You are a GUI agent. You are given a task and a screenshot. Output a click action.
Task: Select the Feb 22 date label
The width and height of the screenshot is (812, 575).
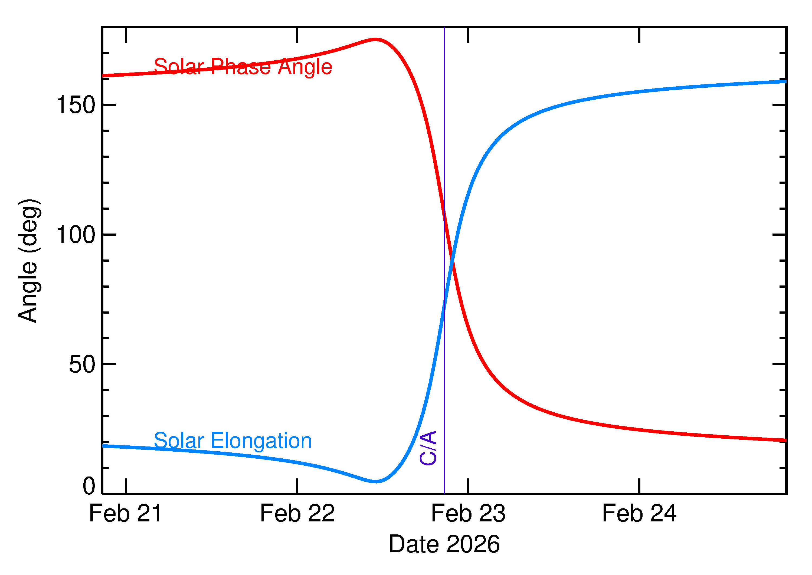tap(297, 514)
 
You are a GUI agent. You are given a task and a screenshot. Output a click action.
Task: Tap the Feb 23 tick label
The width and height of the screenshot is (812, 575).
tap(468, 514)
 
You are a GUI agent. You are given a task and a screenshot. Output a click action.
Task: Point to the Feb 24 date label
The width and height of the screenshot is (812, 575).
tap(639, 514)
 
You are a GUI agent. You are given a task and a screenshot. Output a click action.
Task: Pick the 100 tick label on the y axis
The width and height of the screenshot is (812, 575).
tap(76, 235)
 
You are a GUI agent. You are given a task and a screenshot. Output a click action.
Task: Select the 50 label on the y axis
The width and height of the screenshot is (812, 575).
tap(82, 365)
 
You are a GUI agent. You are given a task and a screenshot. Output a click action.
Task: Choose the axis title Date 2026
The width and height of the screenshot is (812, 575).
tap(444, 544)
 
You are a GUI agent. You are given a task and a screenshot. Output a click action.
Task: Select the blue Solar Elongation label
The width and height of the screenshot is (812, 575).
tap(233, 441)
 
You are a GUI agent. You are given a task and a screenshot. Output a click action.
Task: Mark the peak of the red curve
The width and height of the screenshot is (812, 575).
tap(375, 39)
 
